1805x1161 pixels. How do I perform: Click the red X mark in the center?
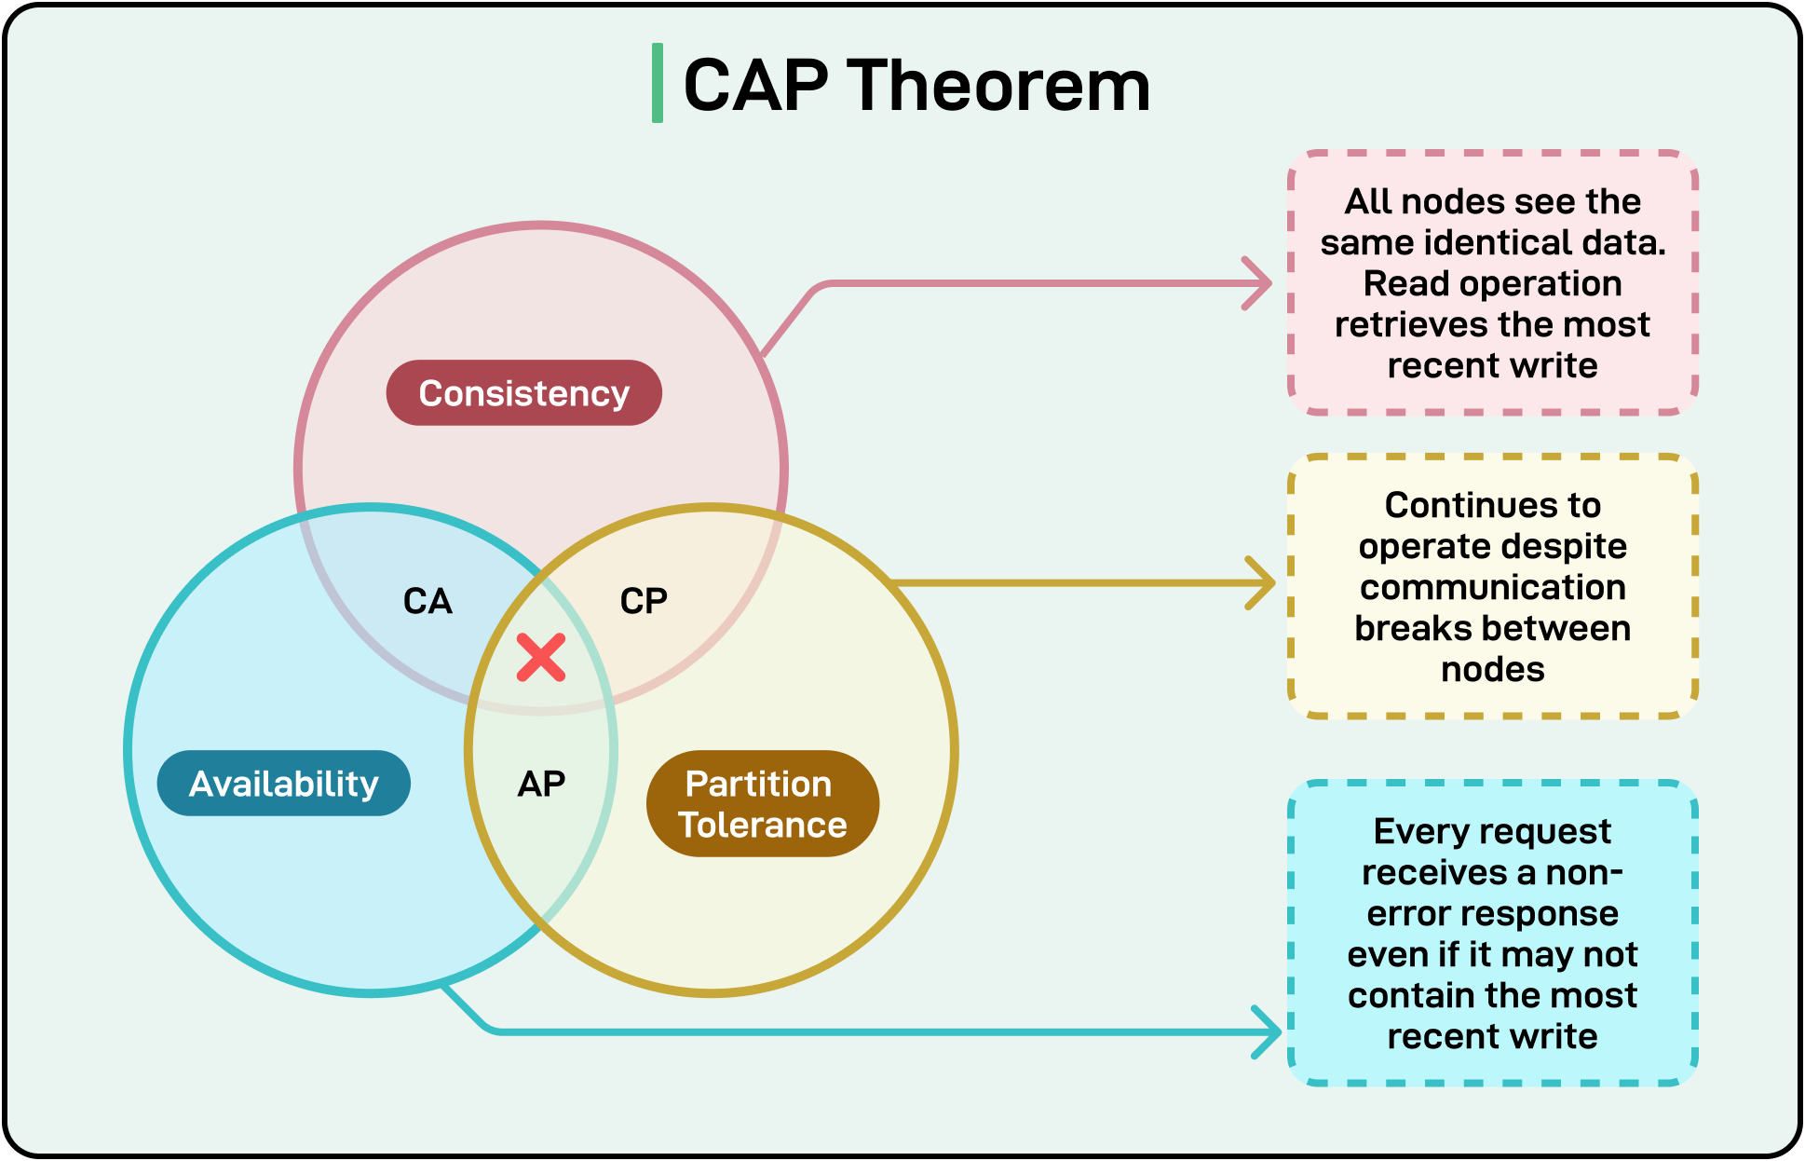pyautogui.click(x=541, y=658)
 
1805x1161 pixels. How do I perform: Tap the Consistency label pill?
pyautogui.click(x=523, y=393)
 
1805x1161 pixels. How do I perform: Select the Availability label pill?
pyautogui.click(x=283, y=784)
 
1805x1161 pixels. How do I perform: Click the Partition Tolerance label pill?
pyautogui.click(x=762, y=804)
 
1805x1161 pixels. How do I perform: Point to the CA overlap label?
pyautogui.click(x=427, y=601)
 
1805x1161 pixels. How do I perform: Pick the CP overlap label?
pyautogui.click(x=644, y=601)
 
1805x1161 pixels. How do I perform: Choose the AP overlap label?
pyautogui.click(x=541, y=784)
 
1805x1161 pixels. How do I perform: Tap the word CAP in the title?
pyautogui.click(x=755, y=86)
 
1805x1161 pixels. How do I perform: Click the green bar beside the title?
pyautogui.click(x=658, y=83)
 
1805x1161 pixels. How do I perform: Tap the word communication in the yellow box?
pyautogui.click(x=1492, y=587)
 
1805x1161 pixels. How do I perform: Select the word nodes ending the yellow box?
pyautogui.click(x=1492, y=669)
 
